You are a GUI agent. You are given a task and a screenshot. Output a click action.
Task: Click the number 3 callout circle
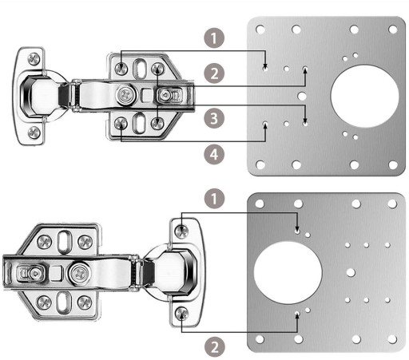[x=214, y=118]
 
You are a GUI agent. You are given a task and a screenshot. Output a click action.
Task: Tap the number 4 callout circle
[x=214, y=154]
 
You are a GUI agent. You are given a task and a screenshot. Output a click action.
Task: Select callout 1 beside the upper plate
[x=214, y=38]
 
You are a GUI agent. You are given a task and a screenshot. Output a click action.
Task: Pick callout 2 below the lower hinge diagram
[x=215, y=347]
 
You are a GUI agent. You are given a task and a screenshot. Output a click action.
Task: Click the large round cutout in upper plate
[x=365, y=96]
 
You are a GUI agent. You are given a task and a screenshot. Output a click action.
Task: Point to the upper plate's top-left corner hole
[x=260, y=29]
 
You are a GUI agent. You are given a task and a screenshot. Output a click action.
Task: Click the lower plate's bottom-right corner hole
[x=392, y=339]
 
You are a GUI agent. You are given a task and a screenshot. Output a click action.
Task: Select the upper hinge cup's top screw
[x=34, y=59]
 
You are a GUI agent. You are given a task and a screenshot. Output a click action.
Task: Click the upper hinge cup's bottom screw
[x=34, y=133]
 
